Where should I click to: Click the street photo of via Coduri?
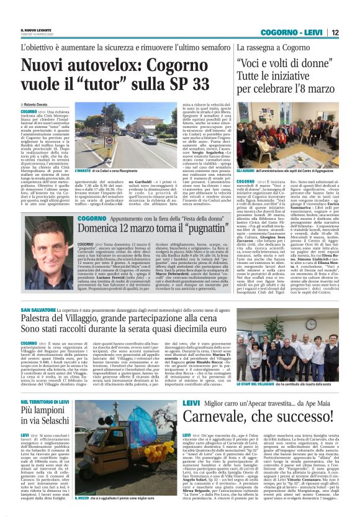109,134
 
